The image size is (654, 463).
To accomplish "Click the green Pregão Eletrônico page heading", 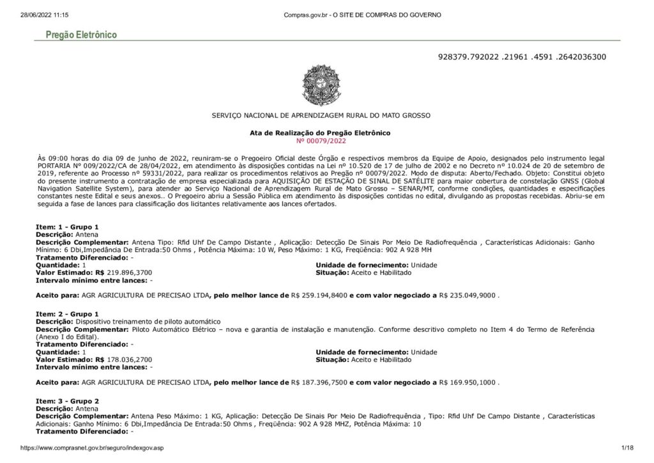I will tap(81, 35).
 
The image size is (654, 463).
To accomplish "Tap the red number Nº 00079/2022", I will tap(321, 140).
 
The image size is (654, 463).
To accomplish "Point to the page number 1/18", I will tap(625, 448).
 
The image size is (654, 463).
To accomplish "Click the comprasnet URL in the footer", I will tap(92, 448).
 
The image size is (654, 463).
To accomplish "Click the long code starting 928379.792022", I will tap(522, 57).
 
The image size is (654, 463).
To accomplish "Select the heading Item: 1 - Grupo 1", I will tap(66, 228).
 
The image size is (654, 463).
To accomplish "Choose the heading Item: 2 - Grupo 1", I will tap(66, 315).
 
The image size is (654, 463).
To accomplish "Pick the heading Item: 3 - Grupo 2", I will tap(66, 401).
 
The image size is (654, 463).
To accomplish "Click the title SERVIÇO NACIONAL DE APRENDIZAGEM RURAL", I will tap(321, 115).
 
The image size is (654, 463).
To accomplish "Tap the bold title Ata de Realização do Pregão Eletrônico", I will tap(321, 133).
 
